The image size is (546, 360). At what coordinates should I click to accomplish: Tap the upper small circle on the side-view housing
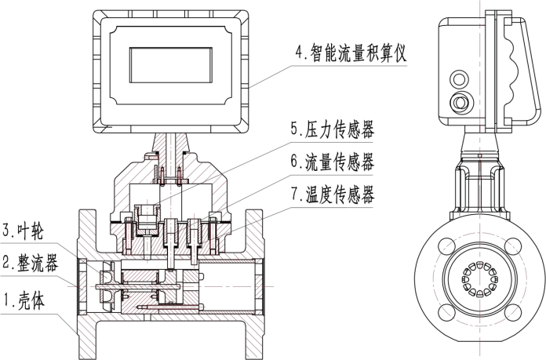click(x=457, y=77)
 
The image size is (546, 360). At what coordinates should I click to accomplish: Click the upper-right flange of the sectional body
click(x=257, y=227)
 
